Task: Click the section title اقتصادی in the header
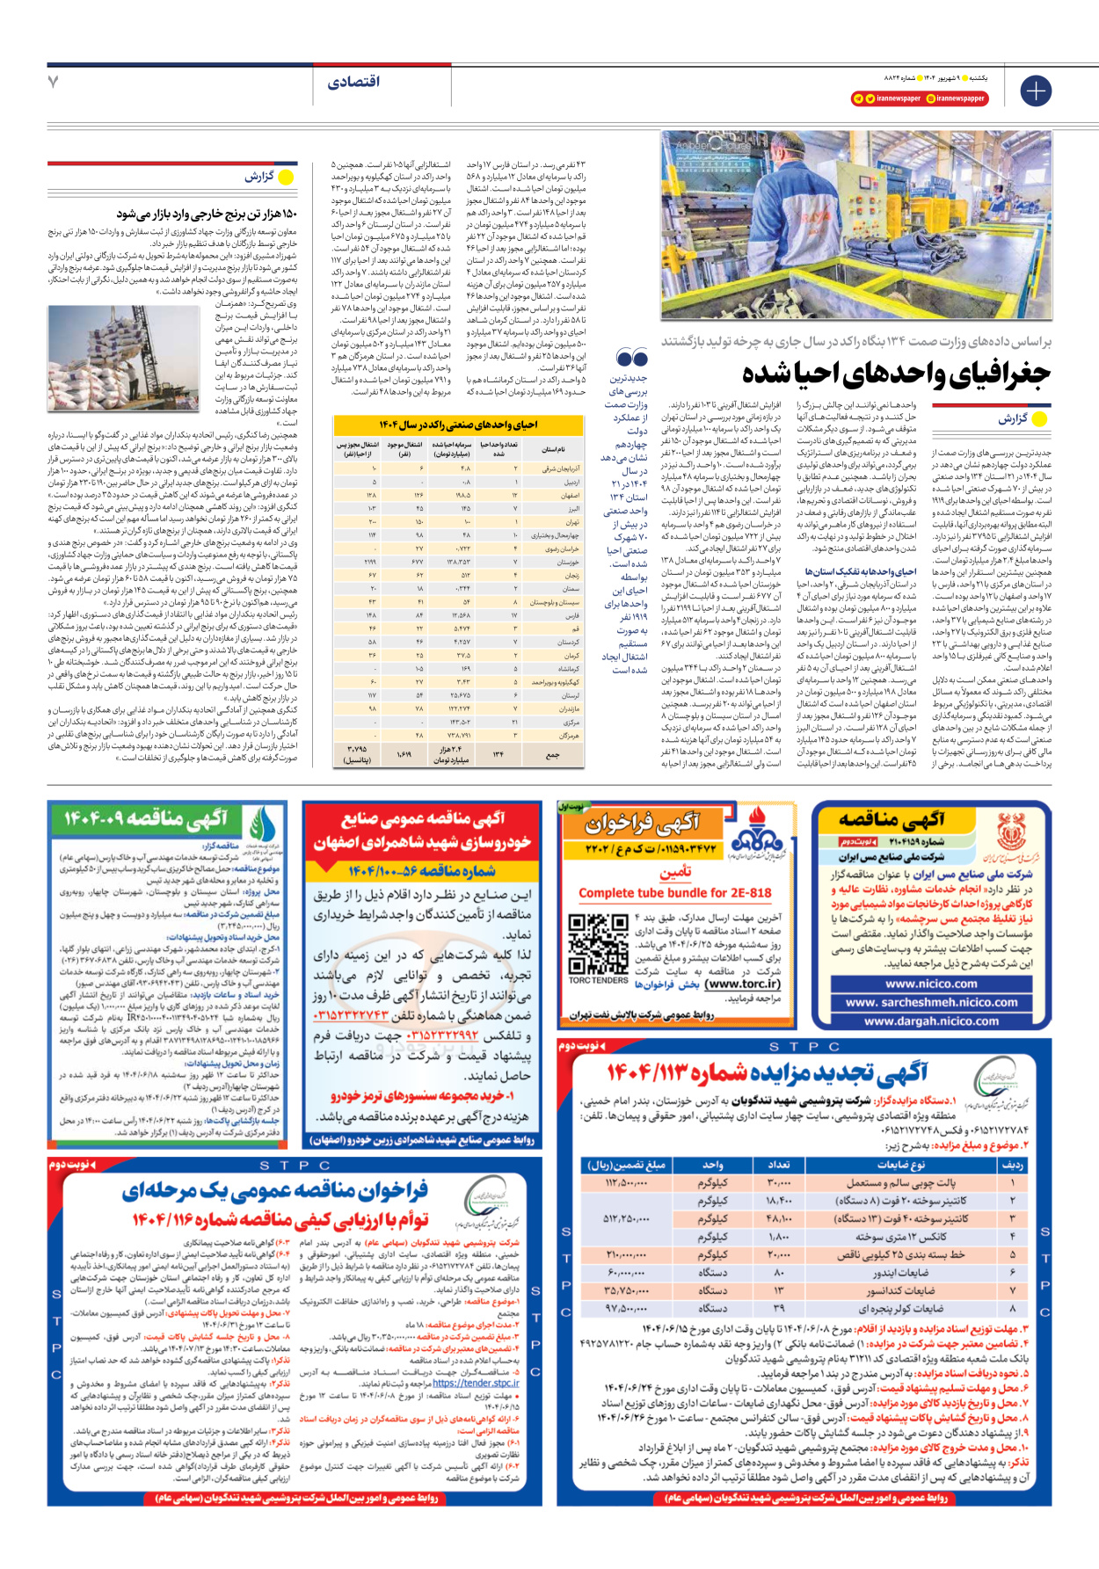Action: coord(354,82)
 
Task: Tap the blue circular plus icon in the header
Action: coord(1036,91)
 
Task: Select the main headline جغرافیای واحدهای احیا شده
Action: coord(897,374)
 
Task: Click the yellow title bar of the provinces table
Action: coord(459,425)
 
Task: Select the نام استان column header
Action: coord(554,448)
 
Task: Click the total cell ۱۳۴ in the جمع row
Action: coord(498,753)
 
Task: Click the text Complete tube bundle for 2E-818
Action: coord(674,893)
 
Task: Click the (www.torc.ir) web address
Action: coord(743,984)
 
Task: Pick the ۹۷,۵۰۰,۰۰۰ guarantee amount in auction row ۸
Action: coord(627,1309)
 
